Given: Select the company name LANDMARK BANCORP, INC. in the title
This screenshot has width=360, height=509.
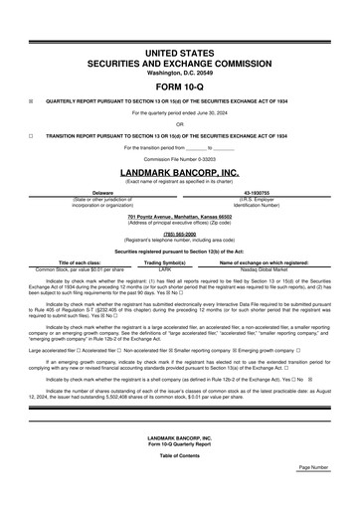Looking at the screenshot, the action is [x=180, y=170].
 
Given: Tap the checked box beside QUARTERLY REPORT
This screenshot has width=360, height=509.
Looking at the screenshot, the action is [x=31, y=100].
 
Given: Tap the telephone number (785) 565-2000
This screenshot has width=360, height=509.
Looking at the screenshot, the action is [x=180, y=234].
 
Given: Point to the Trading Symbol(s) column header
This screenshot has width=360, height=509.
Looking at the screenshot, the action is [x=165, y=262].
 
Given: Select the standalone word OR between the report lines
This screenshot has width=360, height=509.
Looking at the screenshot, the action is [x=180, y=124].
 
